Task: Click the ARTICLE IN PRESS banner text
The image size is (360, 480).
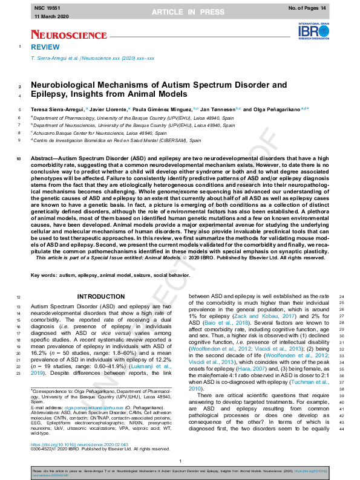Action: pos(180,12)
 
